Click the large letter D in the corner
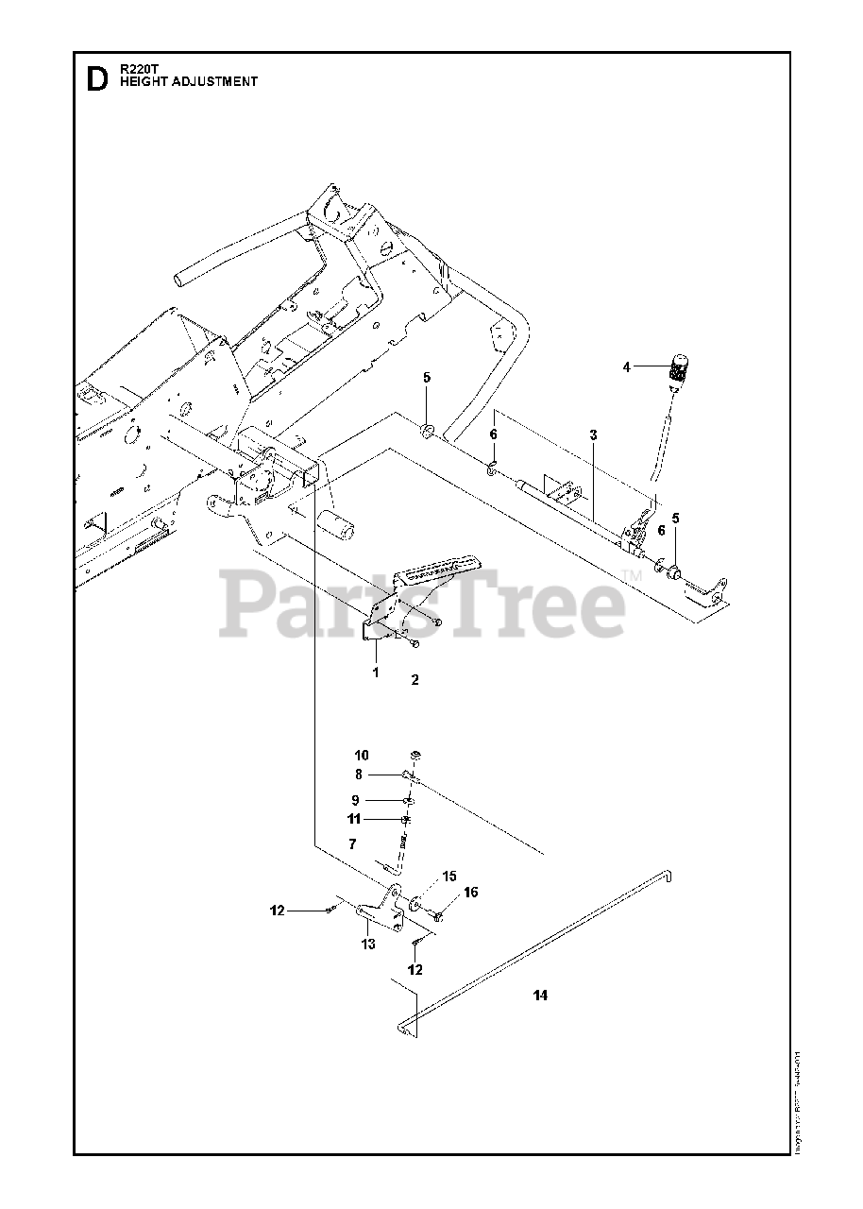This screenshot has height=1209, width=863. [x=96, y=79]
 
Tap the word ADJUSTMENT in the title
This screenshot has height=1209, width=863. [x=217, y=82]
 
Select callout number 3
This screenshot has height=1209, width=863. [x=593, y=434]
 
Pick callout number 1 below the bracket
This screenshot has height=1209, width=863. [x=375, y=673]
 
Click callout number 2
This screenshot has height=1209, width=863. [x=414, y=679]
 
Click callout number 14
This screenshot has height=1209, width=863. [x=540, y=996]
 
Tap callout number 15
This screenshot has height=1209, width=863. [x=448, y=876]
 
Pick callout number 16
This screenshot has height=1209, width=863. [x=470, y=893]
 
